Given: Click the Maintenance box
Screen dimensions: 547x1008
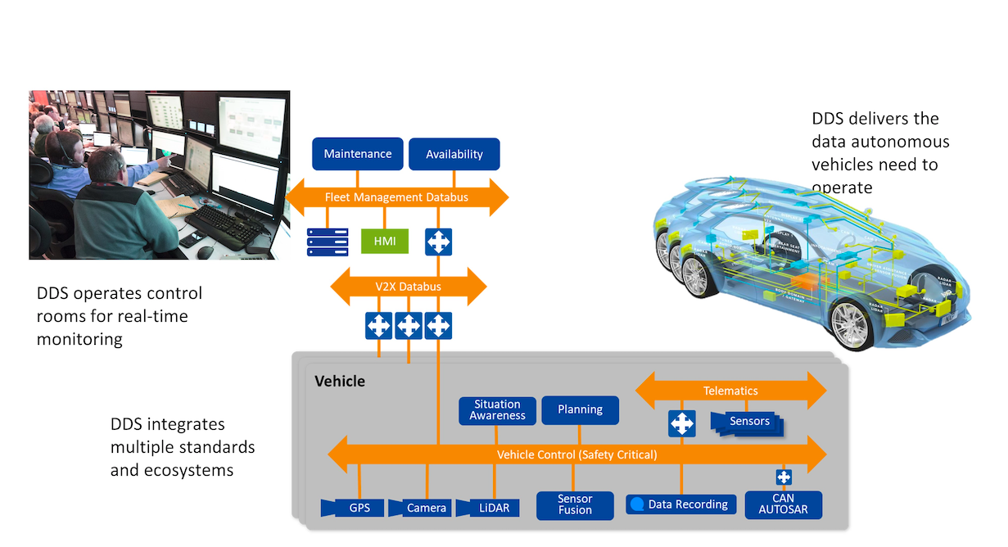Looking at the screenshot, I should tap(358, 154).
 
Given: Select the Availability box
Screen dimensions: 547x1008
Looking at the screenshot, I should tap(454, 154).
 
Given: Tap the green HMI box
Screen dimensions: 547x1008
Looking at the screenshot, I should tap(385, 241).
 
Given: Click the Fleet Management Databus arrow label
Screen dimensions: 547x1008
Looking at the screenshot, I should tap(396, 197).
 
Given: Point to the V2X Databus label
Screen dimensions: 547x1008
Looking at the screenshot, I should tap(408, 287).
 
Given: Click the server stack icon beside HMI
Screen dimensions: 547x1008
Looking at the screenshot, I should tap(328, 242).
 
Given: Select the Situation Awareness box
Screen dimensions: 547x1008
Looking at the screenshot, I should tap(497, 410).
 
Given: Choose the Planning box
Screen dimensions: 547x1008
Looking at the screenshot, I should tap(580, 410).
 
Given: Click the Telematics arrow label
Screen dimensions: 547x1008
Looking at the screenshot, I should tap(730, 391).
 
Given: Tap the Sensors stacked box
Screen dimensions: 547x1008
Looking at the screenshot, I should tap(748, 423).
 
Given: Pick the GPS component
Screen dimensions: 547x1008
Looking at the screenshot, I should tap(353, 508).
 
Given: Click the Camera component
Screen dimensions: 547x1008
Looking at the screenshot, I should tap(420, 508).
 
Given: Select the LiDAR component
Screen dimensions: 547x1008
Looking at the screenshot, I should tap(487, 508).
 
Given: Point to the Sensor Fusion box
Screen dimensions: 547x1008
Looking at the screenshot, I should tap(575, 505).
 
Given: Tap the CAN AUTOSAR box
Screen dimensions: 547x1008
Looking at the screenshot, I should tap(783, 504).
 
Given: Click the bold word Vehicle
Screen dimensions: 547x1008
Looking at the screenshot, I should tap(340, 382).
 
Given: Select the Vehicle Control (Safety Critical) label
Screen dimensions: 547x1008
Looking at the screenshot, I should tap(576, 454).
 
